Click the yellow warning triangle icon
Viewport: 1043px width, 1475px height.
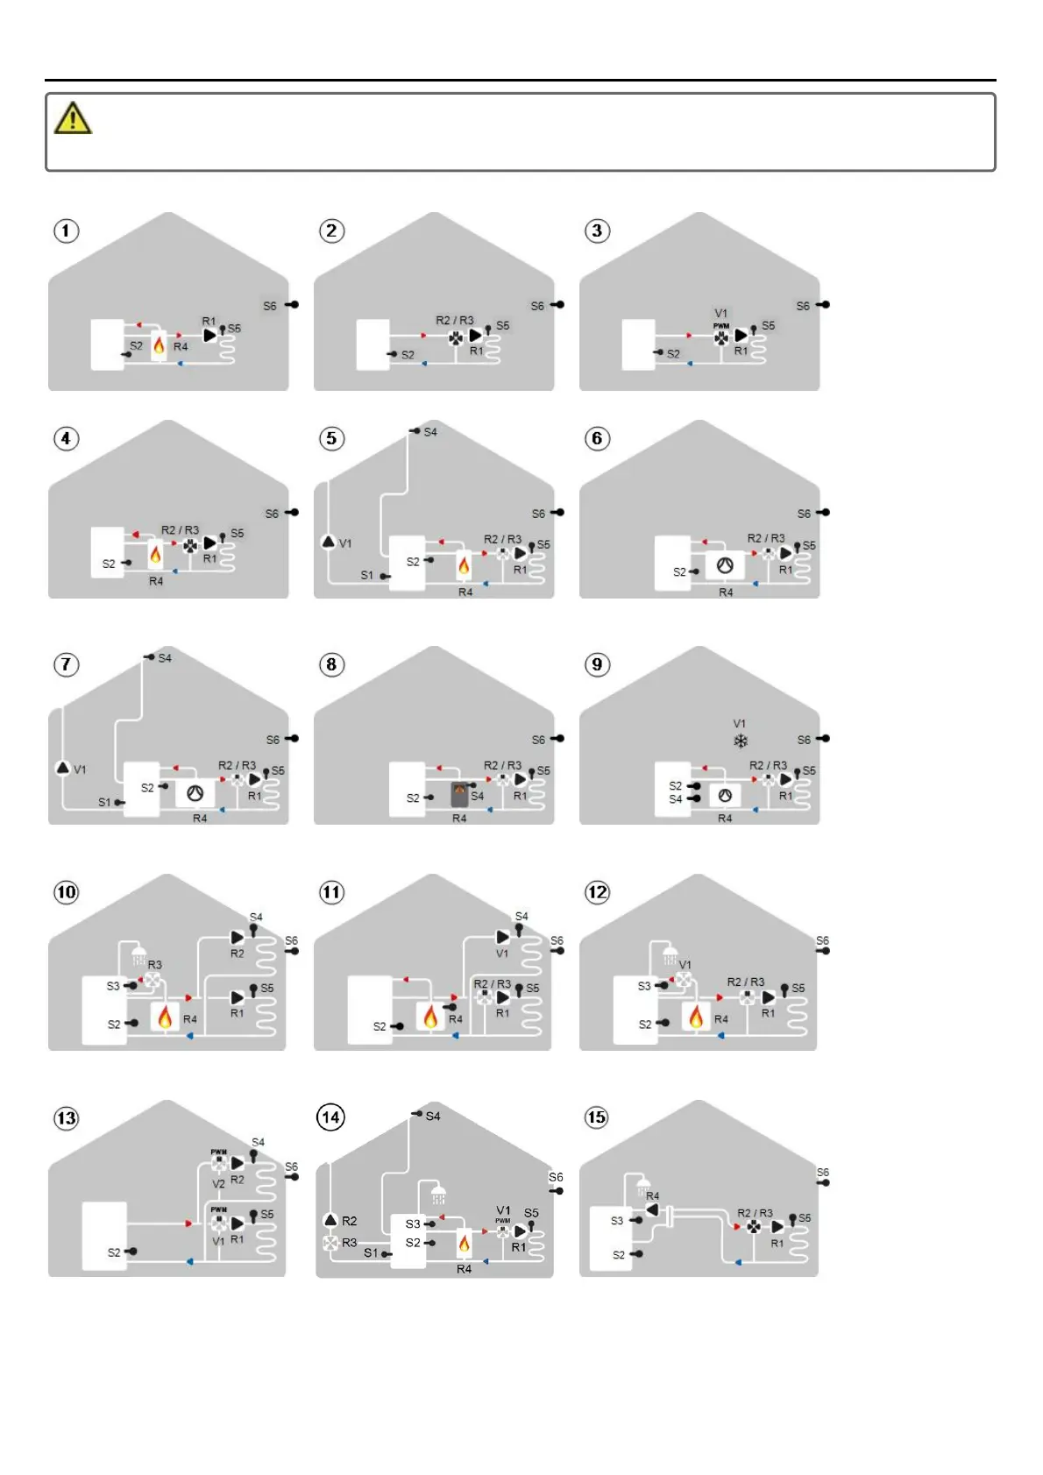point(73,118)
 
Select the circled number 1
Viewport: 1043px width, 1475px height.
point(67,230)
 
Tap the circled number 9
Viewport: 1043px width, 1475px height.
point(597,664)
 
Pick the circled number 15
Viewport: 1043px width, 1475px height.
point(597,1117)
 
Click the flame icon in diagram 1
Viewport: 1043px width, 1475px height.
point(159,346)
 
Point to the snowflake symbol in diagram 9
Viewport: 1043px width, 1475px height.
point(741,741)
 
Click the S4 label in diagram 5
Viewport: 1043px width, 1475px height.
point(430,432)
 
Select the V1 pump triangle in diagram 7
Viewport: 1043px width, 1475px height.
point(63,769)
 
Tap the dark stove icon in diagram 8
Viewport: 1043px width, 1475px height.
point(459,794)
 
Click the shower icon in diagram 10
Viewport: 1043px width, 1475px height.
point(138,954)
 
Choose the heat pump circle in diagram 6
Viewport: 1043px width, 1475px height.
point(725,566)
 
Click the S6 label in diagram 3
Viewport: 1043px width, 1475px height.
point(803,306)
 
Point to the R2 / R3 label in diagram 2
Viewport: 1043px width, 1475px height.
point(455,321)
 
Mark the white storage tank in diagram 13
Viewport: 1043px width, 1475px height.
point(104,1236)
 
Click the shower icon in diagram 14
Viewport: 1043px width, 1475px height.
point(438,1194)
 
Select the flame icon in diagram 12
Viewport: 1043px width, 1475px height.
point(696,1017)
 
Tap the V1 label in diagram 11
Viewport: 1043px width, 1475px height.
point(502,954)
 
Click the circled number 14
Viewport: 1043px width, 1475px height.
point(330,1117)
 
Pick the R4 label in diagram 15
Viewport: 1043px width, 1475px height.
point(653,1196)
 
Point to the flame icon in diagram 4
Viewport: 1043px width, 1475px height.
point(155,555)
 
